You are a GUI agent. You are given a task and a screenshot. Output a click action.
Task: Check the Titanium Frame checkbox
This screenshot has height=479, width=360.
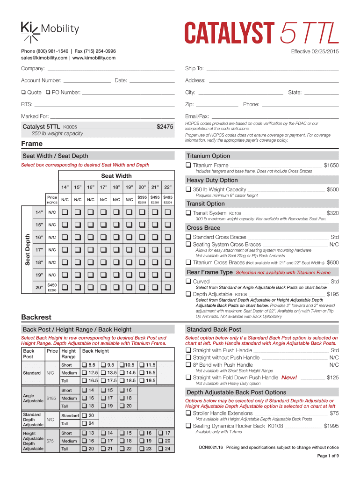click(188, 165)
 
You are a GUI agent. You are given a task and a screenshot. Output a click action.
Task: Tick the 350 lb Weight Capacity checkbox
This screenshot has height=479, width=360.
click(188, 189)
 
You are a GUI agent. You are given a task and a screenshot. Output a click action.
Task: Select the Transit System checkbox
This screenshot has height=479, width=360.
click(188, 213)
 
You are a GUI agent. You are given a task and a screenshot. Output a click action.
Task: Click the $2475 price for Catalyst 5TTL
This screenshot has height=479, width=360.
click(165, 126)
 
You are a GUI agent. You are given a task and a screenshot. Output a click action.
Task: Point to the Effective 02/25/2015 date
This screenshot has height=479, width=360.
click(315, 51)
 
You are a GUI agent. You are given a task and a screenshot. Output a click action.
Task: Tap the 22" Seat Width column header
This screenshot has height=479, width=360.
click(168, 187)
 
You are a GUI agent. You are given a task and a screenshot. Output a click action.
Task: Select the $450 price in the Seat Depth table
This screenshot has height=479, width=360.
click(52, 285)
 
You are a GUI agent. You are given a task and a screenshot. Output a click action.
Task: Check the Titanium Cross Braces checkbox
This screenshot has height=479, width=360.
click(188, 262)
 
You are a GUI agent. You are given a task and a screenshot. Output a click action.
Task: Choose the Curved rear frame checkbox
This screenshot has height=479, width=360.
click(188, 282)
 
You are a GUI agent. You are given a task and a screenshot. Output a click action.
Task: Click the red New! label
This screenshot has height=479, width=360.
click(289, 377)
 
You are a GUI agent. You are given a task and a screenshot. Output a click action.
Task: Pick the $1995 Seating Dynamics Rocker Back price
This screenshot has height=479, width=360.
click(331, 426)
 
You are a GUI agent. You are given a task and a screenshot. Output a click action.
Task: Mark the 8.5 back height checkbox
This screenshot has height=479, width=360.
click(85, 365)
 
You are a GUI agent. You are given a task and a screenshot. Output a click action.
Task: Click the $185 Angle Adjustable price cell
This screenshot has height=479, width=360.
click(52, 398)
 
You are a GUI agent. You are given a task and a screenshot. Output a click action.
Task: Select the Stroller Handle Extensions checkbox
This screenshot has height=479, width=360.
click(188, 413)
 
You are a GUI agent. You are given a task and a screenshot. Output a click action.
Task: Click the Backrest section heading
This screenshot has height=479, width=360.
click(36, 317)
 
